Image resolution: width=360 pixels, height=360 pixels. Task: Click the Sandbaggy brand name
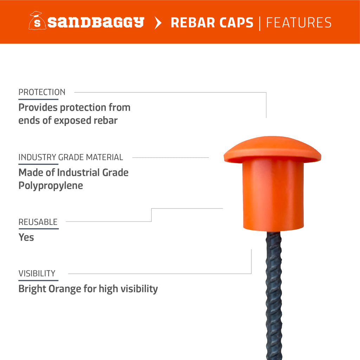click(96, 22)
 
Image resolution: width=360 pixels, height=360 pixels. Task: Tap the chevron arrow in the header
click(158, 22)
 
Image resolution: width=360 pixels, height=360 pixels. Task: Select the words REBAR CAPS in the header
click(212, 22)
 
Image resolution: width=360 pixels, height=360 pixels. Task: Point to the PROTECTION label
click(42, 92)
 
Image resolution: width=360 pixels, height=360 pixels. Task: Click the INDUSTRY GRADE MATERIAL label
click(71, 157)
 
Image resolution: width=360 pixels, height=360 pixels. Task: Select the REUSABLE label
click(38, 222)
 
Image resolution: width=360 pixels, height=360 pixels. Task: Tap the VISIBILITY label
click(37, 273)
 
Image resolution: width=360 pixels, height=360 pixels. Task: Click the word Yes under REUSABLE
click(26, 237)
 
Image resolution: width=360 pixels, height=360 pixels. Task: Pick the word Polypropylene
click(51, 185)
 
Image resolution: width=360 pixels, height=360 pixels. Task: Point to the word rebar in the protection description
click(105, 120)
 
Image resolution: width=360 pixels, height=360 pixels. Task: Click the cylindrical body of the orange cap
click(273, 197)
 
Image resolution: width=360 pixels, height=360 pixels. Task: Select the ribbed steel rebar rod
click(274, 295)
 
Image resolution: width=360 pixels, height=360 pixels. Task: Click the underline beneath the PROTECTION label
click(38, 99)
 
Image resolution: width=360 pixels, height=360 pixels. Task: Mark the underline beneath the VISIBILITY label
click(37, 280)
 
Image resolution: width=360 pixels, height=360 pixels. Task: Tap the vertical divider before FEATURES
click(260, 22)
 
